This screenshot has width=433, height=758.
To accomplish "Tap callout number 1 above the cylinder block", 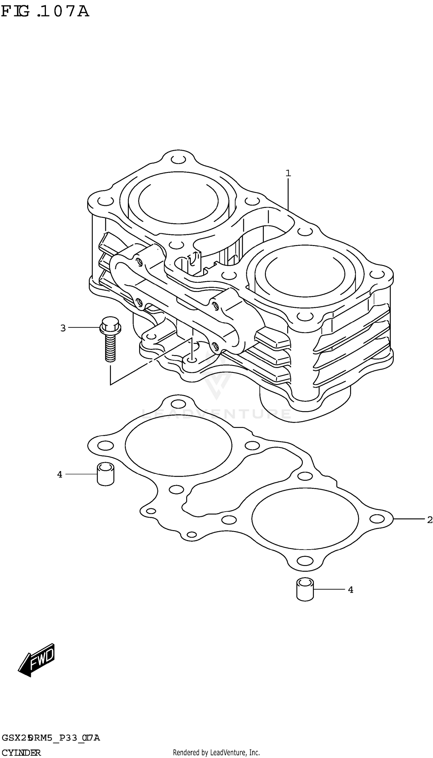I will tap(288, 173).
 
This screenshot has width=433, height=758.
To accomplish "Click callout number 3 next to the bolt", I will tap(63, 328).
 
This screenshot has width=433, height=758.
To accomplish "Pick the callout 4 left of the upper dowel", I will tap(60, 474).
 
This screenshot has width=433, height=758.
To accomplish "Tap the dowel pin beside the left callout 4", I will tap(106, 474).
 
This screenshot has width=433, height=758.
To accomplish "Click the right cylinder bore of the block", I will tap(305, 275).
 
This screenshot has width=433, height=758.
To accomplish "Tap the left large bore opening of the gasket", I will tap(178, 445).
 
